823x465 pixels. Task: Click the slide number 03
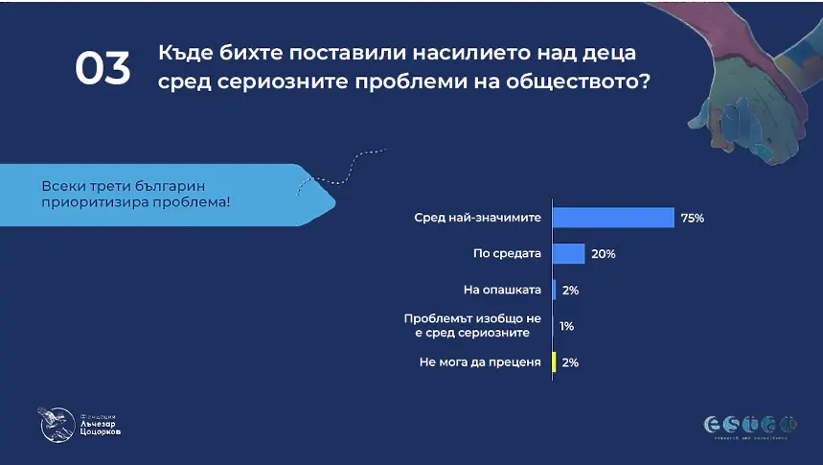tap(103, 68)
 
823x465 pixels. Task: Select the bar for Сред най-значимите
tap(613, 218)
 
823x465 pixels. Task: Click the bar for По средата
tap(568, 254)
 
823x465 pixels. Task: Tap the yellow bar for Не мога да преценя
tap(554, 362)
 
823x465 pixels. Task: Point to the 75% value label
tap(692, 219)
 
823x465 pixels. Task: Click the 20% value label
tap(603, 255)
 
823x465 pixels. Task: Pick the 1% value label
tap(566, 326)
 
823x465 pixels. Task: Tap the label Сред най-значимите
tap(477, 218)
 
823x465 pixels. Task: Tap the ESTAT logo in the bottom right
tap(750, 423)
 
